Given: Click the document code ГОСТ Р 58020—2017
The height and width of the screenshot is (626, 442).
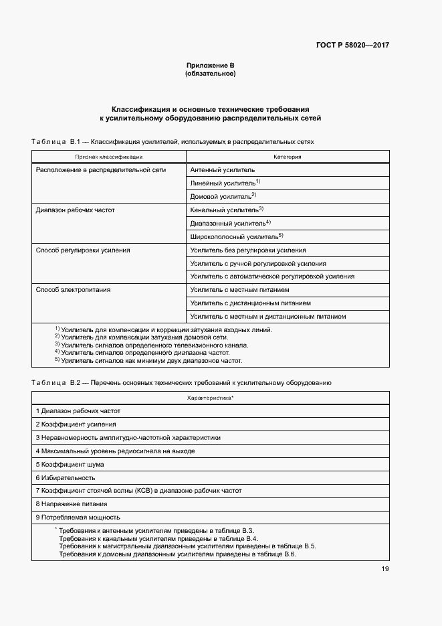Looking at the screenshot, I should point(352,46).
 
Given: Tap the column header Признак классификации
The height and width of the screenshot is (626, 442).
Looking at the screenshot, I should point(108,157).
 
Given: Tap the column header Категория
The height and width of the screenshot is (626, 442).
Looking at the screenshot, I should point(288,157).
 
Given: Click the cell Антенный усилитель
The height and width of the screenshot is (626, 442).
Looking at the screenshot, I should point(222,170).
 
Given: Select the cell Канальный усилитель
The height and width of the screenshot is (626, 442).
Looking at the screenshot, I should point(227,210).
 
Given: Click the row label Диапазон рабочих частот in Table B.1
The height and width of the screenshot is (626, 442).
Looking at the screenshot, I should point(75,210).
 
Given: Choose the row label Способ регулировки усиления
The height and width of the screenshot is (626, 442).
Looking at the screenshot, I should point(82,250).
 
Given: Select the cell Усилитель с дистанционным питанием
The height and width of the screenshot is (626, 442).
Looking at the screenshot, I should point(250,303).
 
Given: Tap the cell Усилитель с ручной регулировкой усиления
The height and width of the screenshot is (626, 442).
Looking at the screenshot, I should point(258,263).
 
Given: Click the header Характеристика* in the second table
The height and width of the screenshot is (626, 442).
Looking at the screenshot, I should point(210,398).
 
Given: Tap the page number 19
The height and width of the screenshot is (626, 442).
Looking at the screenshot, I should point(384,569).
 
